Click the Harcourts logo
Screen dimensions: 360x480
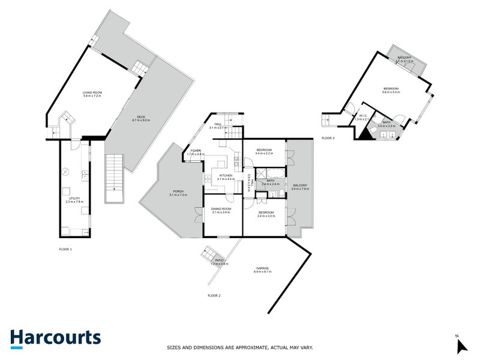click(55, 338)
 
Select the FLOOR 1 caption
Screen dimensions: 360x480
click(65, 248)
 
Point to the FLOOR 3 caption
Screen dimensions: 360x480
click(328, 138)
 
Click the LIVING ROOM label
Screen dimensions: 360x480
click(92, 92)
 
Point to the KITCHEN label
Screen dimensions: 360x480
click(225, 175)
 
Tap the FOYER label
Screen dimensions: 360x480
click(196, 151)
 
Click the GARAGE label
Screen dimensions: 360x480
click(262, 268)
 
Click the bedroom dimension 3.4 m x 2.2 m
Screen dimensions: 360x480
click(265, 154)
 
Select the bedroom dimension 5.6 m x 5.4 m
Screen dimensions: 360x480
click(391, 92)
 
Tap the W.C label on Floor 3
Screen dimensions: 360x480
click(362, 115)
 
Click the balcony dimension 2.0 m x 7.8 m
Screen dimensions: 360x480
click(299, 189)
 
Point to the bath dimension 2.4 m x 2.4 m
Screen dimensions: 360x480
click(271, 184)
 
